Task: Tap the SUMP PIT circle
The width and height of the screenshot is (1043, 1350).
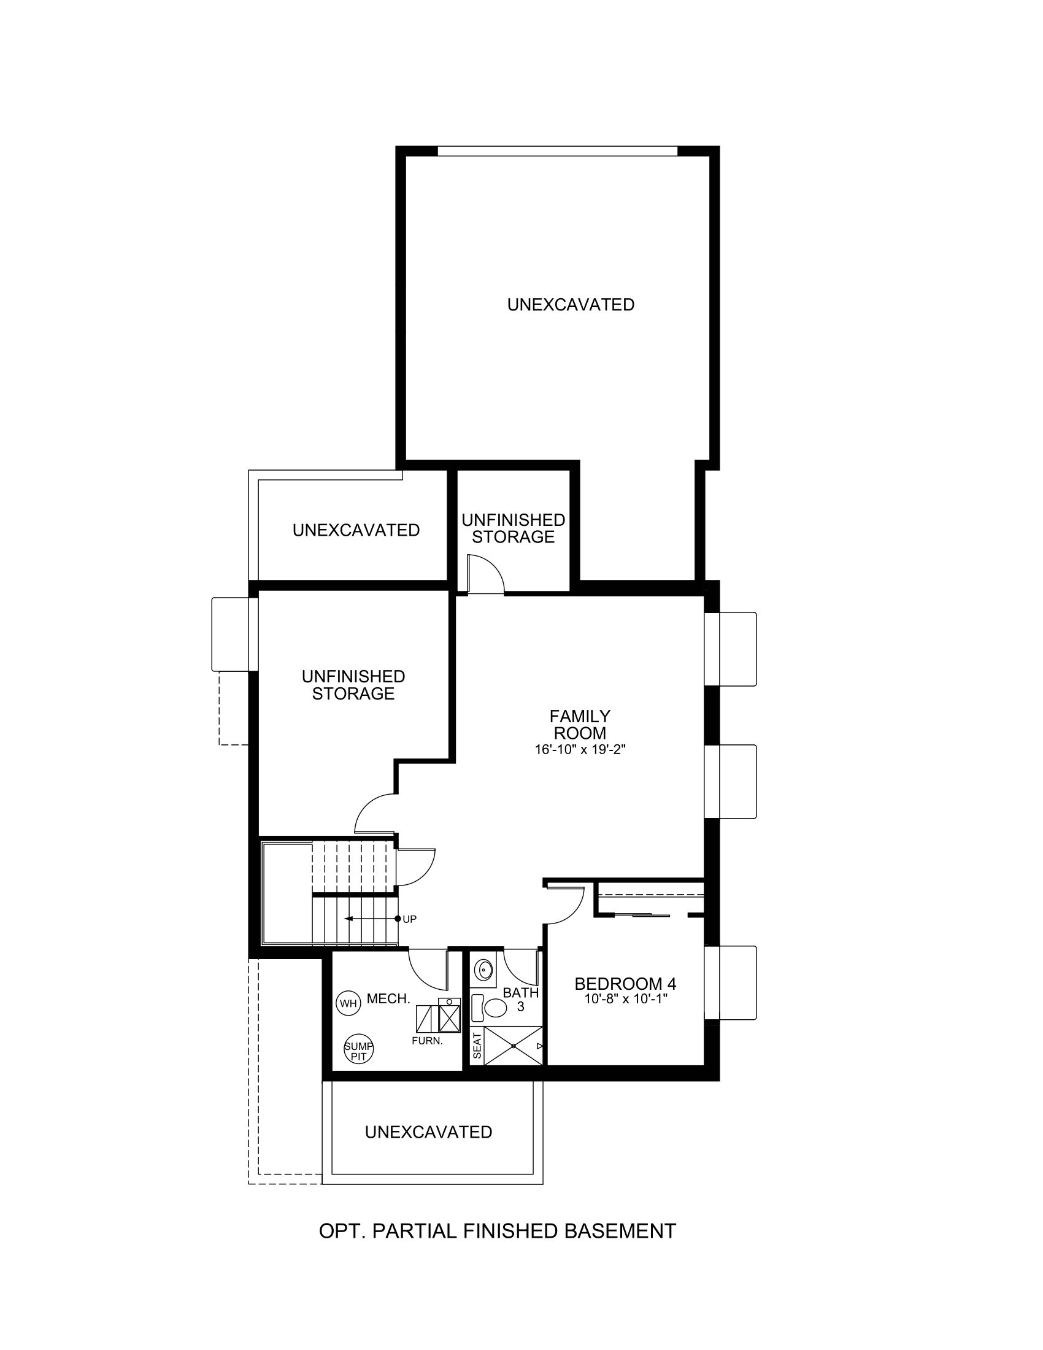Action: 359,1049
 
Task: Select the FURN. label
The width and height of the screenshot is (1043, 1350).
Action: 428,1040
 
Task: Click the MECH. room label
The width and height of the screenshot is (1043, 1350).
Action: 388,998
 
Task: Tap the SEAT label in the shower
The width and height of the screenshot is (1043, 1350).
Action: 477,1045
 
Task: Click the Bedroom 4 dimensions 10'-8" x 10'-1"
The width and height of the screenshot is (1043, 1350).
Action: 626,998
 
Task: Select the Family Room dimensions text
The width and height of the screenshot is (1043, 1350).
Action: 580,750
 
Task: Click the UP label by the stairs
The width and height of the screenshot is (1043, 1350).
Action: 410,919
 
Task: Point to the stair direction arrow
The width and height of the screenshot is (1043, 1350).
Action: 371,919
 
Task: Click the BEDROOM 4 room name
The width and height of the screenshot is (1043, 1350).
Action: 626,984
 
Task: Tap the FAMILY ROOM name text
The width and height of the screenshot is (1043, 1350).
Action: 580,725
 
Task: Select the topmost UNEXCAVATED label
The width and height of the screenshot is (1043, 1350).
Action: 571,304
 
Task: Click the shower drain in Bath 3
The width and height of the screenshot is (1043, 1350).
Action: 513,1046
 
